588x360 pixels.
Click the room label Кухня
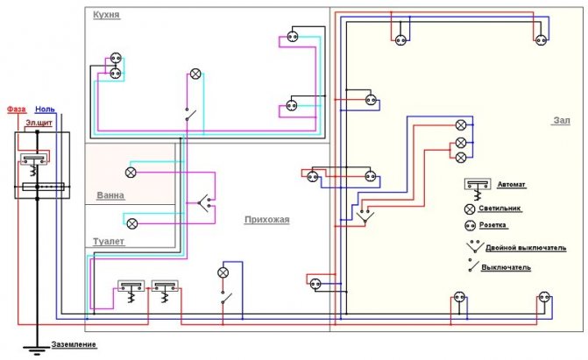click(x=107, y=16)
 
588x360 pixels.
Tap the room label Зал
click(x=562, y=121)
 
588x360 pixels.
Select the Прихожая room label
click(x=266, y=220)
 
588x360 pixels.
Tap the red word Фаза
click(x=16, y=109)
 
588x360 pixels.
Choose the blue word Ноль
click(x=45, y=109)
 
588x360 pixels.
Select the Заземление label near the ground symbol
click(x=74, y=344)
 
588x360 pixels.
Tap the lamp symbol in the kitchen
click(x=195, y=74)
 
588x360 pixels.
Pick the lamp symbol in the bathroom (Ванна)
click(x=131, y=173)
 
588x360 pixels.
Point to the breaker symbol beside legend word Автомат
click(x=477, y=188)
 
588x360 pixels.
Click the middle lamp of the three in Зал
click(x=461, y=142)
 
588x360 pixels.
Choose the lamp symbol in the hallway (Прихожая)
click(x=223, y=272)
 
